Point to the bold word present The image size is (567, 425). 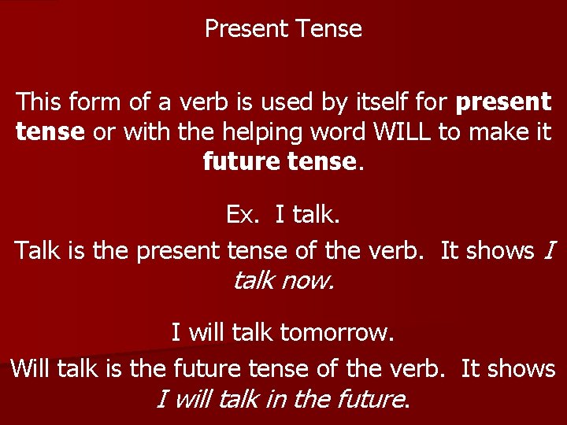click(x=504, y=102)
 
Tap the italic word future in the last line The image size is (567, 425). click(x=369, y=399)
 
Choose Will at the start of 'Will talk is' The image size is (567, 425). click(x=29, y=368)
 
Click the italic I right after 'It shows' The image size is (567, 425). click(x=550, y=250)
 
